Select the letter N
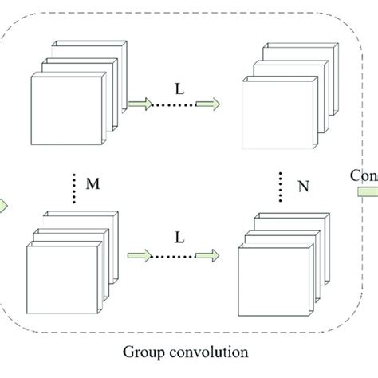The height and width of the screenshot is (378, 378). click(303, 188)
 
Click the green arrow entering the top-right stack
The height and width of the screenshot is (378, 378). click(209, 102)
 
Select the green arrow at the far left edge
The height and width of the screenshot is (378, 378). click(3, 206)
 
